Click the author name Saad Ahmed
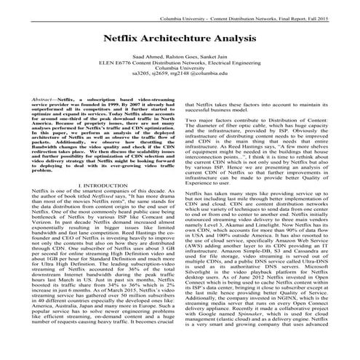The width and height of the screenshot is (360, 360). (148, 56)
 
